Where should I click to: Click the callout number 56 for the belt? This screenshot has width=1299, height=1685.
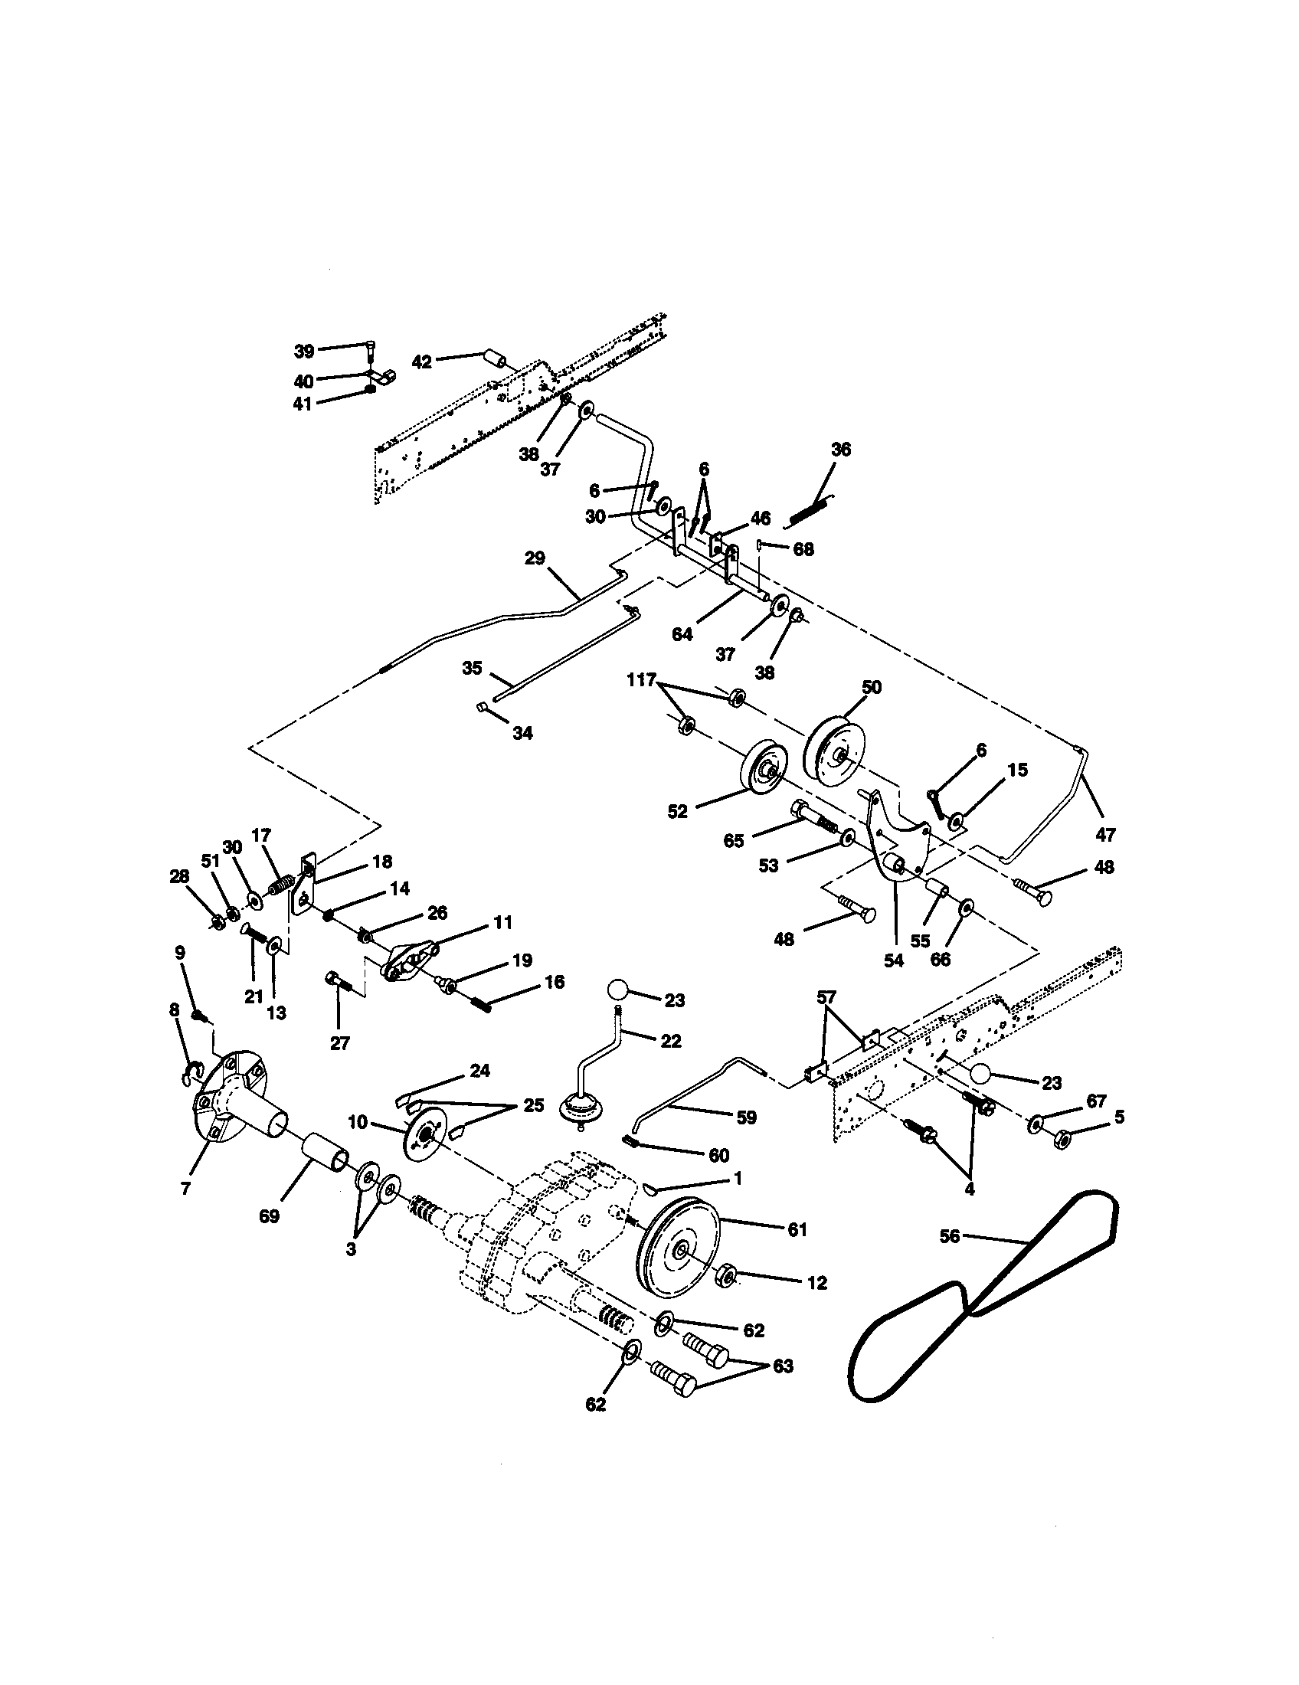point(950,1236)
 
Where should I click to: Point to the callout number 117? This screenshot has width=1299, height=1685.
point(641,679)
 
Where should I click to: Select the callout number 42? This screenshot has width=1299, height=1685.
point(421,361)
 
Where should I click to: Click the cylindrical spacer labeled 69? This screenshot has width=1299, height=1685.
point(323,1159)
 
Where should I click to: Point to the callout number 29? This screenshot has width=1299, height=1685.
point(535,558)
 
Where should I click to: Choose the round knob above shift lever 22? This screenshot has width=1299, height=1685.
point(618,990)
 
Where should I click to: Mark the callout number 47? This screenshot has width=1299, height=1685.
point(1105,834)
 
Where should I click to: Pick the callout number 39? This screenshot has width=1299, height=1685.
point(304,351)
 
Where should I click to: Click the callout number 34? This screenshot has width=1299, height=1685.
point(522,733)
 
